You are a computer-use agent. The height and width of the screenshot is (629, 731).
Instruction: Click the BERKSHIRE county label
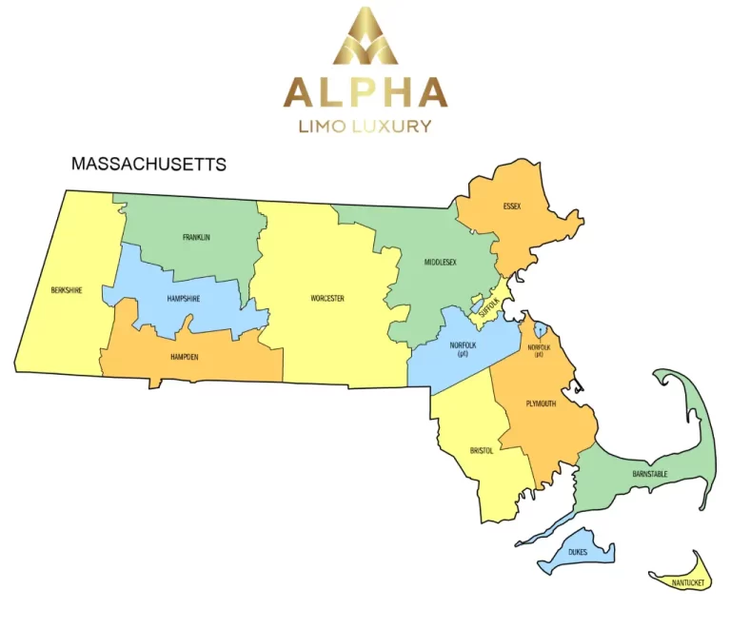pos(67,290)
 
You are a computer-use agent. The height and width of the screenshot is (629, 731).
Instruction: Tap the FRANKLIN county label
pos(196,237)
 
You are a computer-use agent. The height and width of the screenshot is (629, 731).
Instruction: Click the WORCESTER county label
pos(326,298)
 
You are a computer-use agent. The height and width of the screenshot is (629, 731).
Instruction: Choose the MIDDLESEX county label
pos(441,261)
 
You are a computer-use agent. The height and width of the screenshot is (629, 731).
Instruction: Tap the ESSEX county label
pos(512,206)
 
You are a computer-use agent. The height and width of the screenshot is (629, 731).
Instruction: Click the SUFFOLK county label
pos(488,306)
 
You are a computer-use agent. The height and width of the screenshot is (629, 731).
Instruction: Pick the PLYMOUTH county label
pos(541,403)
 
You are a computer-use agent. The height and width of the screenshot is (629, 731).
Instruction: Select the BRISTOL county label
pos(482,450)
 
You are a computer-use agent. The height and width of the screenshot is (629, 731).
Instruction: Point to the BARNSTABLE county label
pos(650,473)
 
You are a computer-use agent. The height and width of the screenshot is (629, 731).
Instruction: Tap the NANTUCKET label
pos(687,581)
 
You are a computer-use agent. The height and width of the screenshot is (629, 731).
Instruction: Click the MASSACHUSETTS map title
pos(149,165)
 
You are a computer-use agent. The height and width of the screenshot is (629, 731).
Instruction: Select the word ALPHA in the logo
pos(365,92)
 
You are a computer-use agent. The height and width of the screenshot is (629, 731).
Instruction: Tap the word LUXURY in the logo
pos(393,126)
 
